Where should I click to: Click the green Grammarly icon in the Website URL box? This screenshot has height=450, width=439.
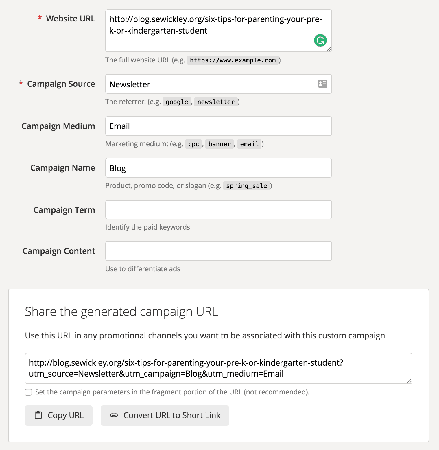point(320,40)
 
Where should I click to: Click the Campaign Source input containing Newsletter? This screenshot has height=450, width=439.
point(211,84)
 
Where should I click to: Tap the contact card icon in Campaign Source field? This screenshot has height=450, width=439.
point(322,84)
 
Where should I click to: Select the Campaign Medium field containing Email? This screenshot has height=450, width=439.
point(218,126)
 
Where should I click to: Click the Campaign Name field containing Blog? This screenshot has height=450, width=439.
point(218,168)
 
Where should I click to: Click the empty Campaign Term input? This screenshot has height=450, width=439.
point(218,210)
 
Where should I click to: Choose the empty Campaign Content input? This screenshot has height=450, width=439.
point(218,251)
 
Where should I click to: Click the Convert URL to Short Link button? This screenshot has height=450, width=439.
point(165,416)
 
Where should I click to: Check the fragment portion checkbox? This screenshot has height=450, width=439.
point(28,392)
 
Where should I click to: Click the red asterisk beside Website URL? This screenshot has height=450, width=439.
point(40,18)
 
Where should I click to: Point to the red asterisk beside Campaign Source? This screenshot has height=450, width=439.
point(21,84)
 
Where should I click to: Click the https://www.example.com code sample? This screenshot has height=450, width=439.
point(233,60)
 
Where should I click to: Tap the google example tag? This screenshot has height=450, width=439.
point(177,102)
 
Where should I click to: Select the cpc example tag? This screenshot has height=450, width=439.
point(193,144)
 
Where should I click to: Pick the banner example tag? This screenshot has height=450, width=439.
point(219,144)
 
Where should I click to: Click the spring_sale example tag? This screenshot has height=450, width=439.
point(246,186)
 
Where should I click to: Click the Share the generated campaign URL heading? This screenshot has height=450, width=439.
point(121,312)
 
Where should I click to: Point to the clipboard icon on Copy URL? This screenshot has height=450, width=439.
point(38,415)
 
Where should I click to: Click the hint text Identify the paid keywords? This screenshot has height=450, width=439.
point(147,227)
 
